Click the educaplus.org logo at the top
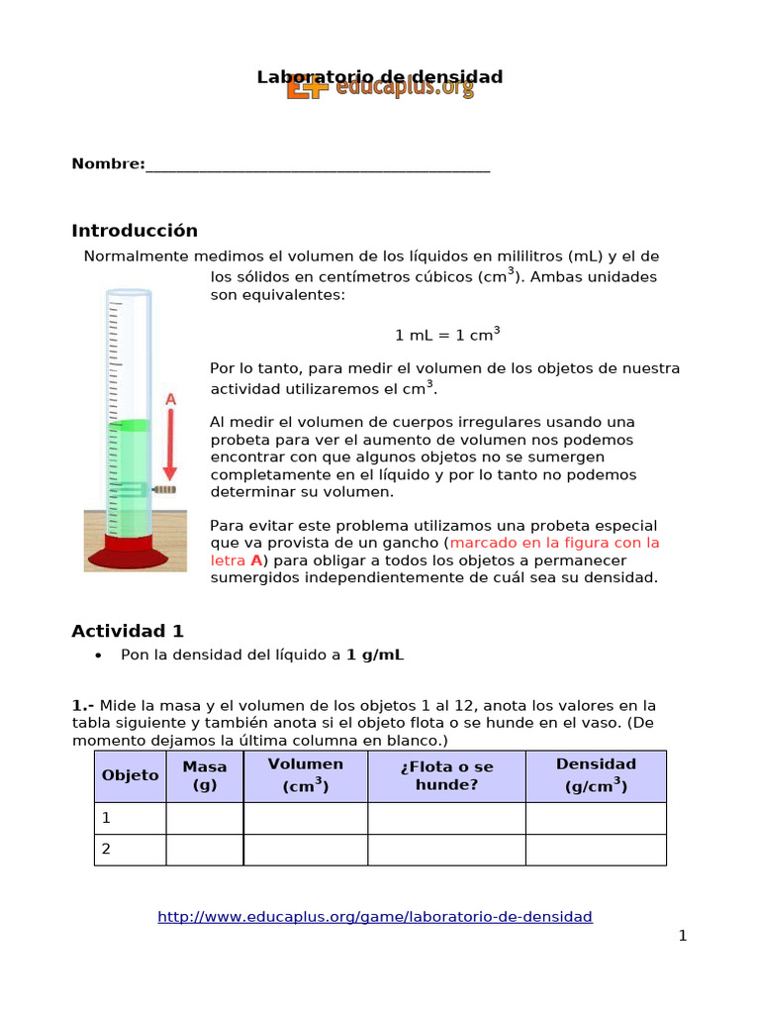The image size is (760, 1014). [x=381, y=89]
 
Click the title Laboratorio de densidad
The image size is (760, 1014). [x=380, y=75]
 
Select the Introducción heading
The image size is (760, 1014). [x=135, y=231]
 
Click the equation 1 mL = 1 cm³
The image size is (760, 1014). [x=447, y=334]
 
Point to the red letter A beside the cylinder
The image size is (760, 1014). [x=170, y=399]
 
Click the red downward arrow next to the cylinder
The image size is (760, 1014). [x=170, y=443]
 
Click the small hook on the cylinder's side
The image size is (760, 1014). [x=164, y=489]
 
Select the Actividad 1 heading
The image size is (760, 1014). [x=128, y=631]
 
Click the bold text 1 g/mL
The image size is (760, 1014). [x=375, y=655]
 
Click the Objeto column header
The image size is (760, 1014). [x=131, y=775]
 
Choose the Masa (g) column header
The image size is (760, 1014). [x=205, y=775]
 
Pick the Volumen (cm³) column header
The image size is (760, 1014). [x=306, y=775]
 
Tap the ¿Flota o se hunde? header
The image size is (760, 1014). [x=446, y=775]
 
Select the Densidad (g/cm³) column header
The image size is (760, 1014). [x=596, y=775]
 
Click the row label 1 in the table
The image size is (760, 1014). [x=107, y=818]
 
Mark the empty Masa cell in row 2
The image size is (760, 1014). [x=205, y=850]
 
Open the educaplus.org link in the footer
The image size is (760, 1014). [x=375, y=917]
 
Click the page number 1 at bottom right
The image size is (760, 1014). [x=682, y=936]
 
